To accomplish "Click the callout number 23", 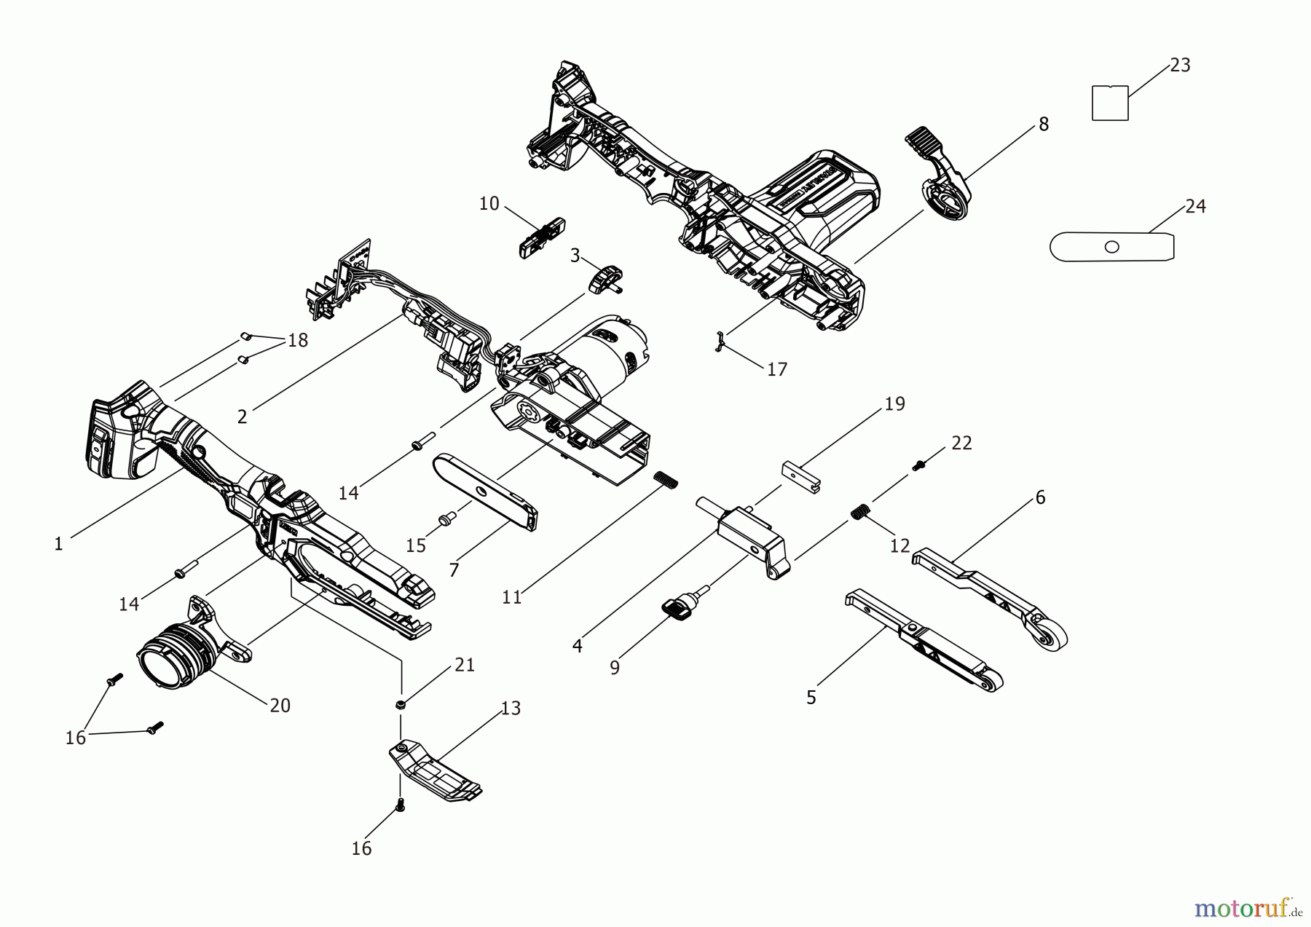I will [1180, 66].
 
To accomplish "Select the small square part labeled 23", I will [1110, 103].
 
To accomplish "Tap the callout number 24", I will [1195, 207].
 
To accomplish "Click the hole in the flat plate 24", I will [1111, 247].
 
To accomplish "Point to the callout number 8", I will [1044, 125].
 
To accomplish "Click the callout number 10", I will [489, 204].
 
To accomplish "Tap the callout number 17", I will [777, 369].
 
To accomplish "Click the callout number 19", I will [894, 403].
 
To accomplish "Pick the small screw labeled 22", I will [919, 464].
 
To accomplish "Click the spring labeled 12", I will [861, 512].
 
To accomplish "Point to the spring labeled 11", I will [666, 481].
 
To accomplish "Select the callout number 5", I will [811, 698].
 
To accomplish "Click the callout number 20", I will [280, 706].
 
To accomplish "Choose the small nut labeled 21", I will [400, 704].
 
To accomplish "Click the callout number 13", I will [511, 709].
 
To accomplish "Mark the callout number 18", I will [297, 340].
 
